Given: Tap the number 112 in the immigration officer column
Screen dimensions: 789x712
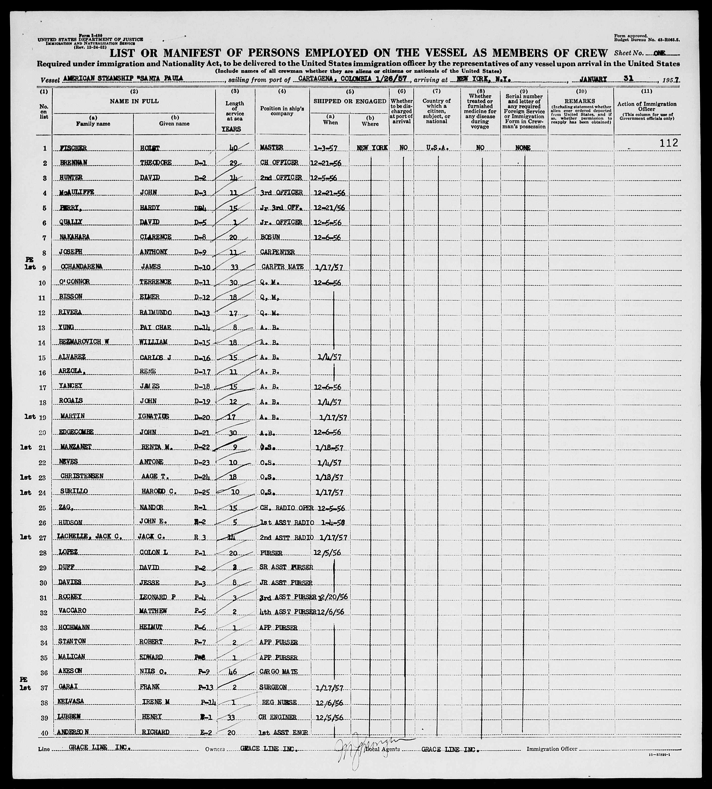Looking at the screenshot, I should coord(669,143).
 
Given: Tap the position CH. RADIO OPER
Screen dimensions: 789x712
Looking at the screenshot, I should coord(286,508).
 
